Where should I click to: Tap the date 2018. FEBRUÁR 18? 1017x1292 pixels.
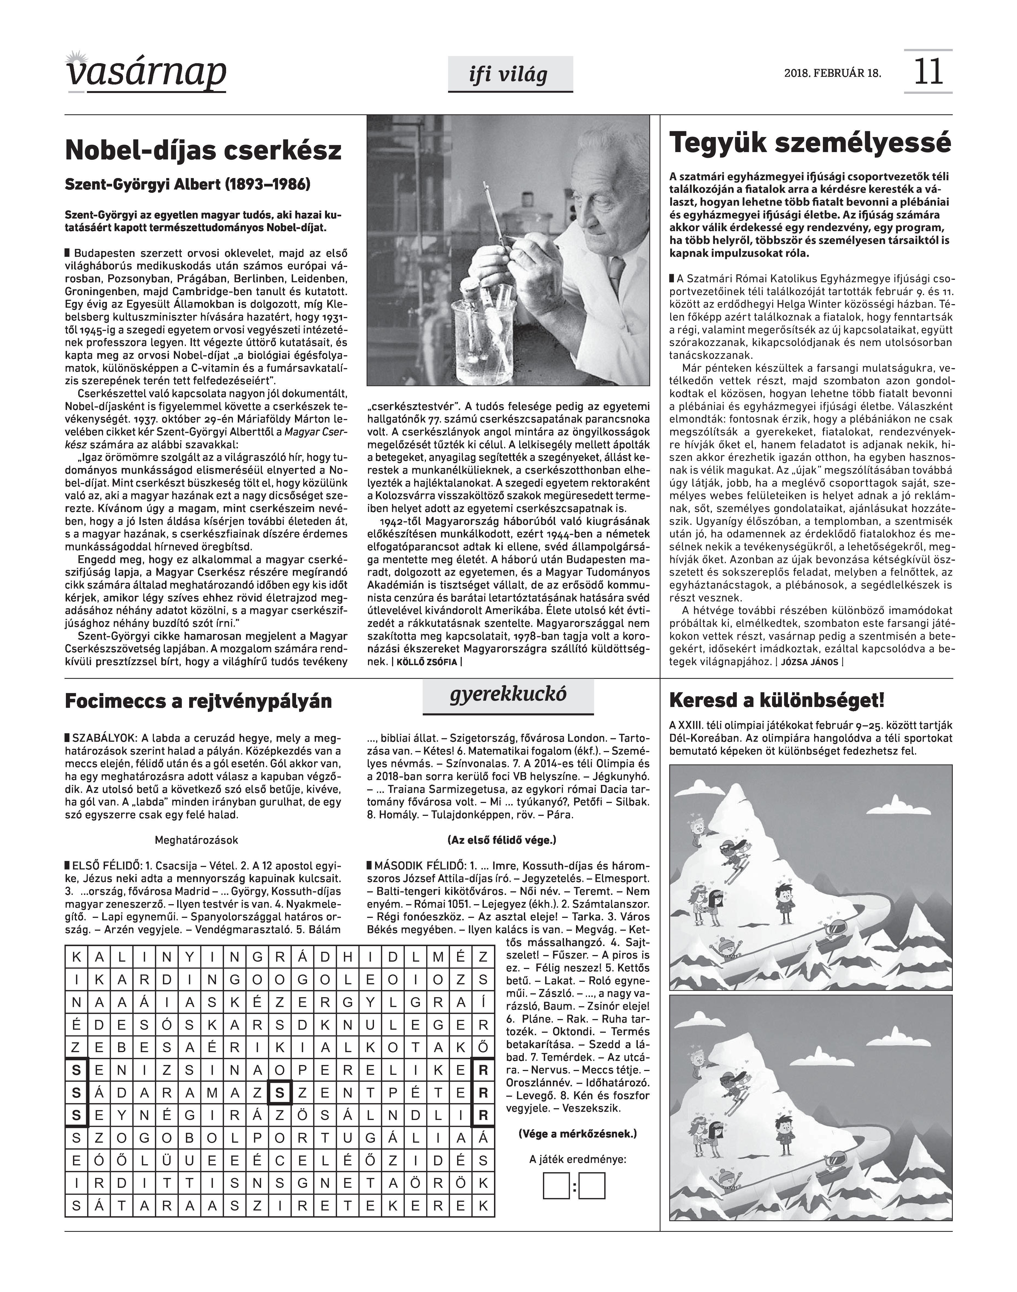[x=832, y=74]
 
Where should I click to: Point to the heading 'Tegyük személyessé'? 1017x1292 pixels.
[x=810, y=144]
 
